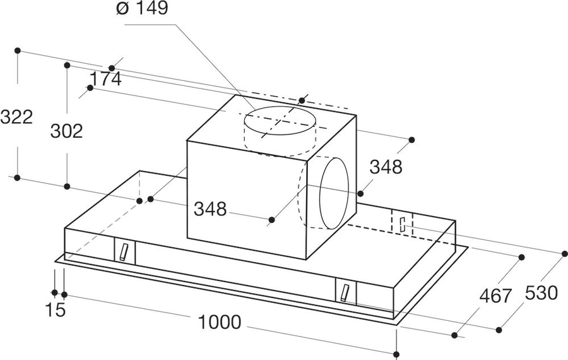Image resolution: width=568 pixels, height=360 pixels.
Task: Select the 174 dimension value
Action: (x=105, y=80)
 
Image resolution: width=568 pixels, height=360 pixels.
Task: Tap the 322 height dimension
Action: (x=16, y=117)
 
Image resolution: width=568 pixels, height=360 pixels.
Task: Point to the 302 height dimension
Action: (x=66, y=131)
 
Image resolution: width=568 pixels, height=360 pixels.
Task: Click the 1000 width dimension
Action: (x=219, y=322)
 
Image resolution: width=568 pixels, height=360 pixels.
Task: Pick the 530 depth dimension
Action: (x=541, y=293)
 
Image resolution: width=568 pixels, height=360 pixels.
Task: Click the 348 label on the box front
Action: (x=210, y=209)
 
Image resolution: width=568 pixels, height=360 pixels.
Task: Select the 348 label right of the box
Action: (x=386, y=167)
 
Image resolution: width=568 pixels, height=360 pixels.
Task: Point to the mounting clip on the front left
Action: (x=123, y=251)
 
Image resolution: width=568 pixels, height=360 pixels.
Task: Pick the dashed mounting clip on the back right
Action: (x=402, y=223)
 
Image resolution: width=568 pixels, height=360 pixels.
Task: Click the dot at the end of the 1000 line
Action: (x=396, y=354)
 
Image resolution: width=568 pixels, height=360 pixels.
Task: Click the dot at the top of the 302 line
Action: (x=67, y=64)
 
